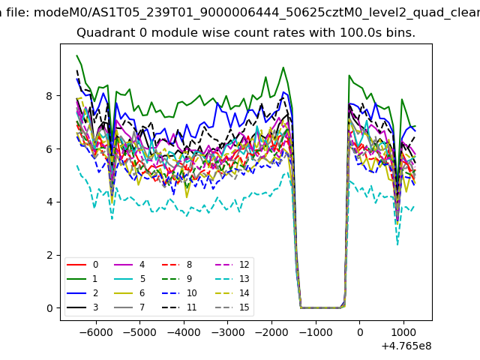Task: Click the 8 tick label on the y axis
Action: (x=49, y=96)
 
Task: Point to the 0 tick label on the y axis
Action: (x=49, y=308)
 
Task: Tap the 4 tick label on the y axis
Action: (x=49, y=202)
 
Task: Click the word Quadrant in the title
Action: (x=102, y=33)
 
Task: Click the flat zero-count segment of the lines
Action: (x=319, y=307)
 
